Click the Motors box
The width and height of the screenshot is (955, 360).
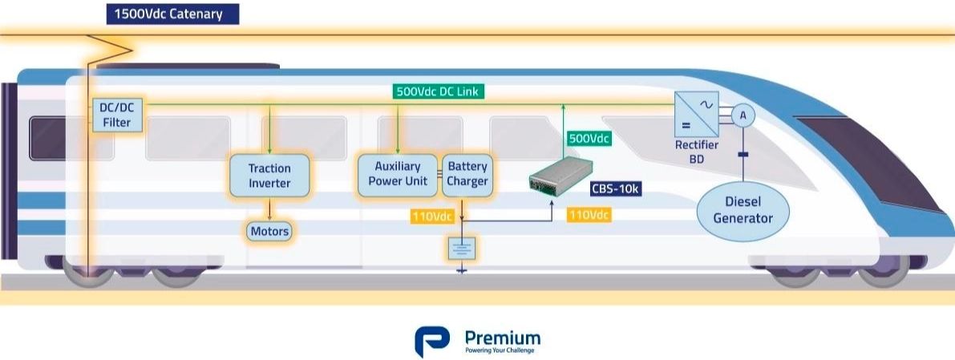click(269, 232)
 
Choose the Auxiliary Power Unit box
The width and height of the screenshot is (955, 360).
click(398, 174)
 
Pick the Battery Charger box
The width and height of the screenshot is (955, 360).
click(467, 174)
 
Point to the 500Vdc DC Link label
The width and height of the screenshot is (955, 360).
click(438, 91)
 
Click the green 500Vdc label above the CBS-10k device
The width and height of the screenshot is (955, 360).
click(589, 139)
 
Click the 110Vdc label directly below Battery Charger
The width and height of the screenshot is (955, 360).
click(433, 216)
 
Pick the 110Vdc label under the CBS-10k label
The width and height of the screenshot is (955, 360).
click(589, 215)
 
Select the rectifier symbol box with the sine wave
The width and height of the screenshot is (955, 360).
click(696, 115)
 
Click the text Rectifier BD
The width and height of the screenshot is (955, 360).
click(696, 152)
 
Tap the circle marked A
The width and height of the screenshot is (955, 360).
click(743, 116)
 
